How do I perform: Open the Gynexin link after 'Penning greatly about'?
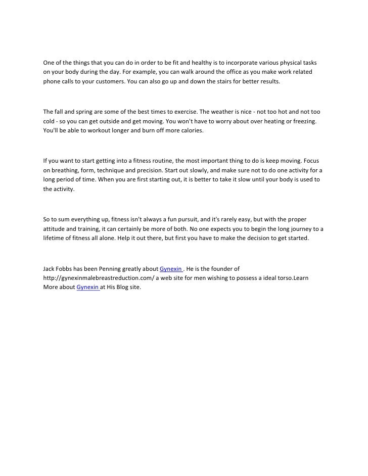point(170,269)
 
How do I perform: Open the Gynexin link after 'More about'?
point(87,287)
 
